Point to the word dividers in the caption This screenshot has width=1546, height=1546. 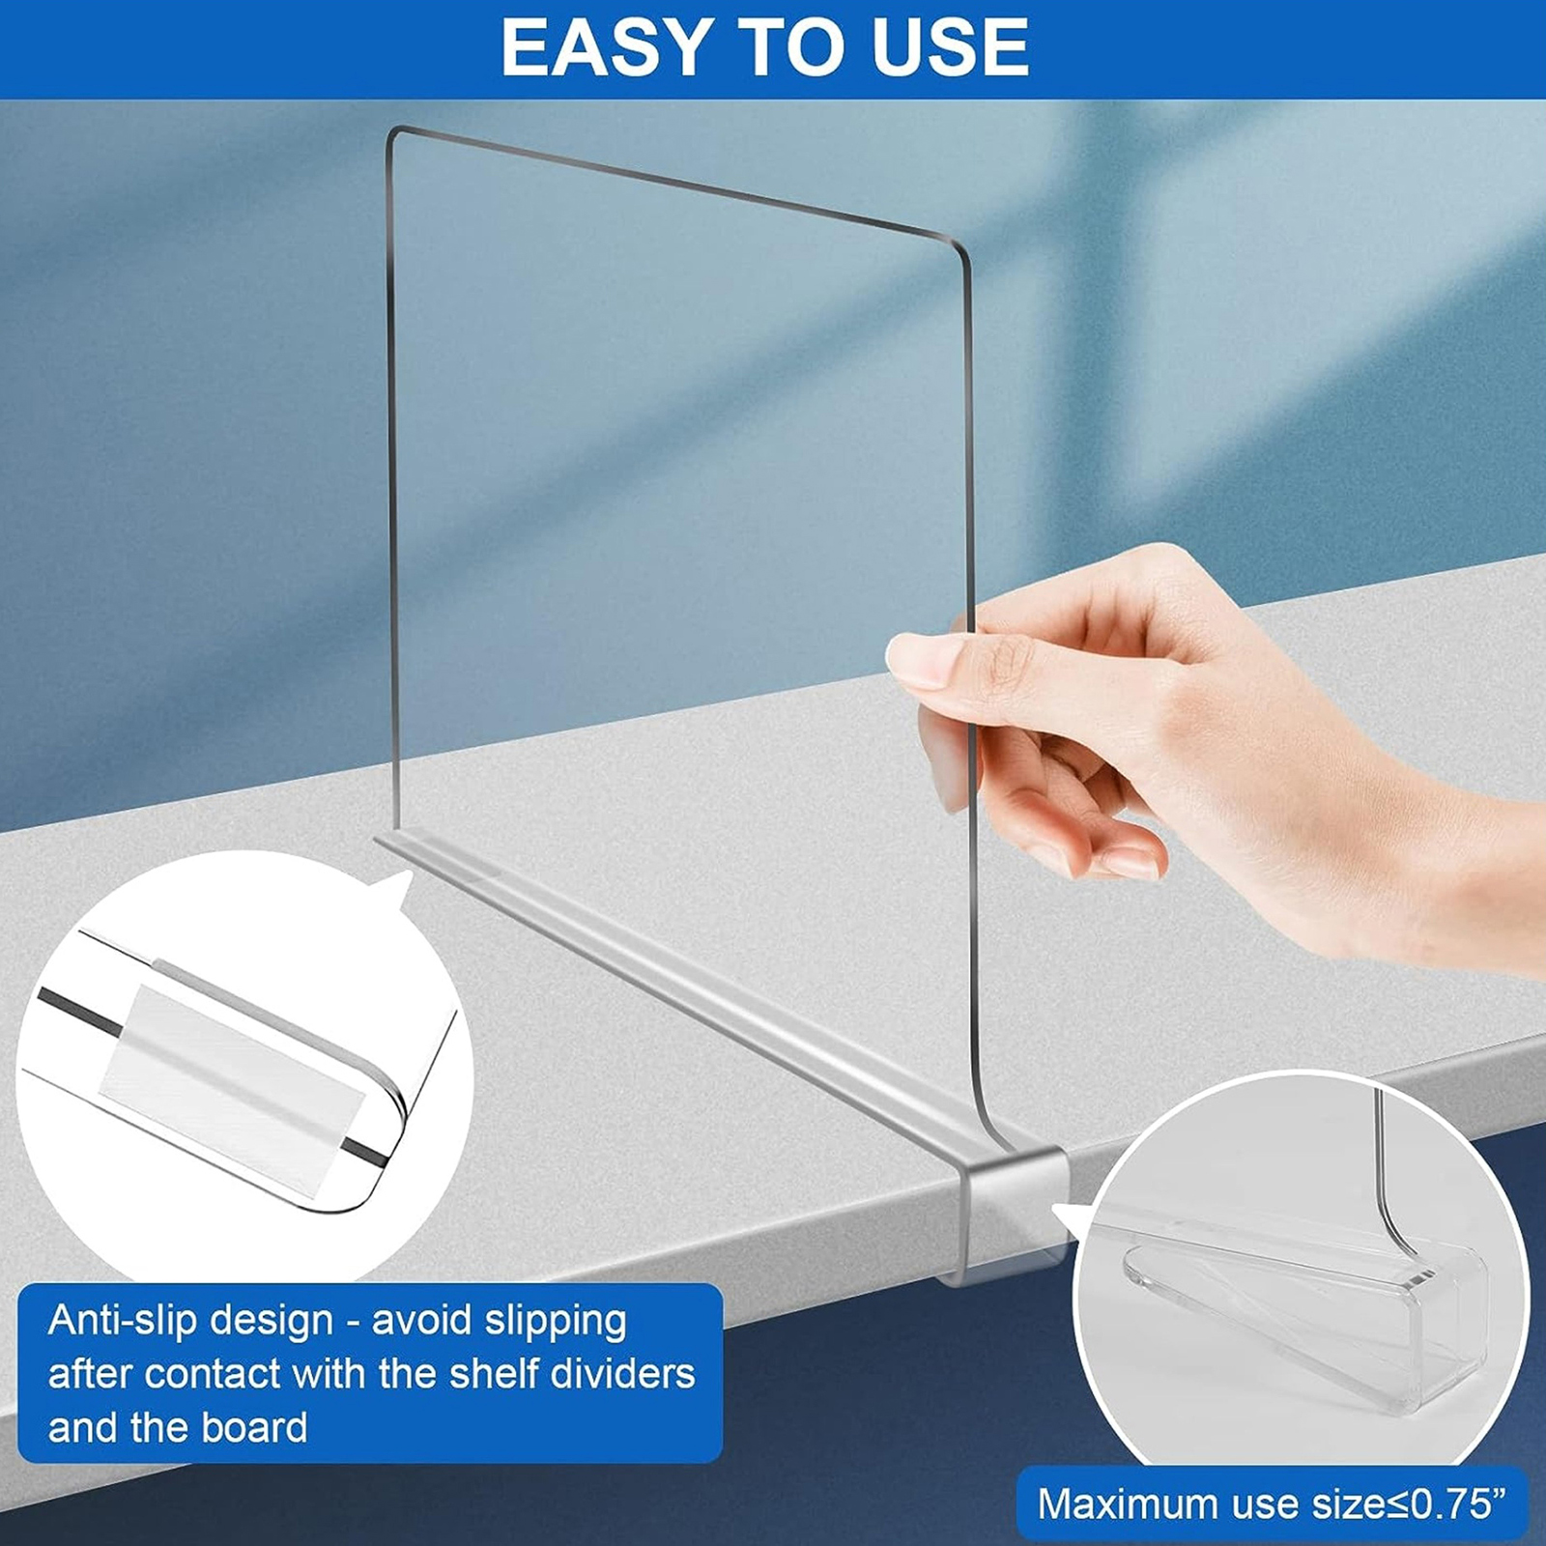pyautogui.click(x=623, y=1374)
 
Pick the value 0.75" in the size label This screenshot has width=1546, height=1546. pyautogui.click(x=1458, y=1503)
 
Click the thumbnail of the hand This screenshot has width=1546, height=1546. pyautogui.click(x=918, y=660)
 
